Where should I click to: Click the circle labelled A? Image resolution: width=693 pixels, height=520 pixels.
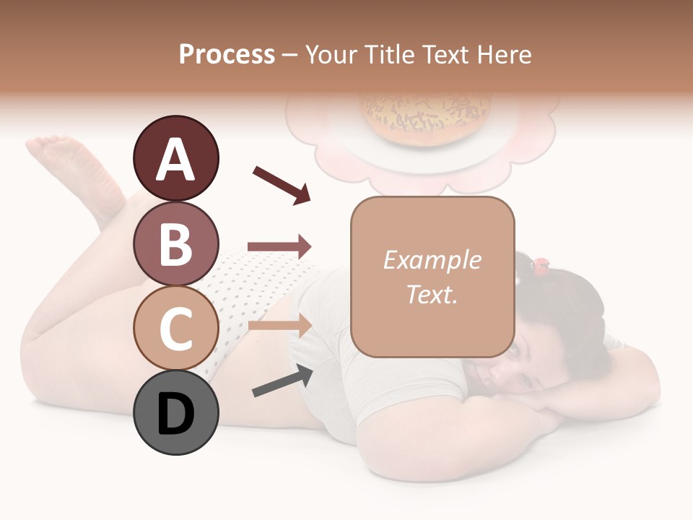(x=176, y=159)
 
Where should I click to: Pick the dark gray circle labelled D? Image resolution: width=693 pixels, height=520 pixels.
(x=176, y=414)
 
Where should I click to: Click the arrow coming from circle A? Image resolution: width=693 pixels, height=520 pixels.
(x=282, y=184)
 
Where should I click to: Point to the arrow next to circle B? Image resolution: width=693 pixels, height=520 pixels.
(x=279, y=247)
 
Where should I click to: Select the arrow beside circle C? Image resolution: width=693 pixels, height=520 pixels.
(x=279, y=326)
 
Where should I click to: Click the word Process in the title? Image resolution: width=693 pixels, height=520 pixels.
(x=227, y=55)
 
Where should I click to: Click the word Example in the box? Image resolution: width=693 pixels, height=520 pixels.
(x=432, y=260)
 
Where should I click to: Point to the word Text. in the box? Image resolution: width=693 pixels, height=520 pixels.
(x=432, y=294)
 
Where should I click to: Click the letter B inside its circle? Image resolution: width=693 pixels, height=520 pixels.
(x=176, y=244)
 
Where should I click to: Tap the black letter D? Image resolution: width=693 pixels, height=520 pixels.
(x=176, y=414)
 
